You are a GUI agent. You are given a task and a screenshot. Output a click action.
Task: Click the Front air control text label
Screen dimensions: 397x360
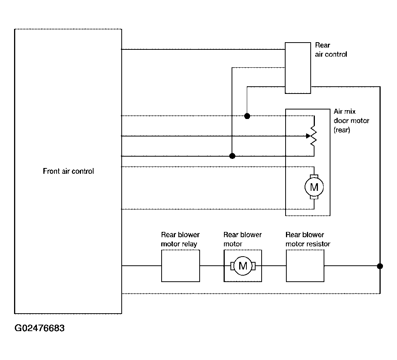pyautogui.click(x=68, y=171)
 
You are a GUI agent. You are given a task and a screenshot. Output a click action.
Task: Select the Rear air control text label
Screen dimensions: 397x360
pyautogui.click(x=331, y=50)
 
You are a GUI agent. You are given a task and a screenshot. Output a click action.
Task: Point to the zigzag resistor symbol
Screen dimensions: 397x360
pyautogui.click(x=314, y=136)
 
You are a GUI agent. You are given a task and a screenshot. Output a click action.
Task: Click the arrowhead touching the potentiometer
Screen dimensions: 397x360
pyautogui.click(x=308, y=136)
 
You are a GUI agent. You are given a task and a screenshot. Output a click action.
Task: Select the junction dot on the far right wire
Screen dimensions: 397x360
pyautogui.click(x=380, y=266)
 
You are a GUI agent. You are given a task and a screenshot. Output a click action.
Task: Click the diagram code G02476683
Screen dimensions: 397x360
pyautogui.click(x=40, y=328)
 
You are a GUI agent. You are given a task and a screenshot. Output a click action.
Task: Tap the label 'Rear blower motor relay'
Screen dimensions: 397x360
pyautogui.click(x=180, y=239)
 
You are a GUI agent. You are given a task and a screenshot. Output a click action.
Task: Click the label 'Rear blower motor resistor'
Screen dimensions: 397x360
pyautogui.click(x=308, y=239)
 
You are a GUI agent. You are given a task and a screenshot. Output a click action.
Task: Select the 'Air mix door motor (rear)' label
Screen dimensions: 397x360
pyautogui.click(x=351, y=121)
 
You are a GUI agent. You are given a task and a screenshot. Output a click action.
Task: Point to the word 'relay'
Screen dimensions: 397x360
pyautogui.click(x=189, y=244)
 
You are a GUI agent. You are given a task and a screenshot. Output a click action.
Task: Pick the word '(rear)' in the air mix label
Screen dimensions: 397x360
pyautogui.click(x=342, y=130)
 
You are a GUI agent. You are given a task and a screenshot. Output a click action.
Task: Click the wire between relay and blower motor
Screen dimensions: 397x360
pyautogui.click(x=212, y=266)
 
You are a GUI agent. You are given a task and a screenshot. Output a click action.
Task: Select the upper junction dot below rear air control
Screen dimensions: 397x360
pyautogui.click(x=247, y=116)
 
